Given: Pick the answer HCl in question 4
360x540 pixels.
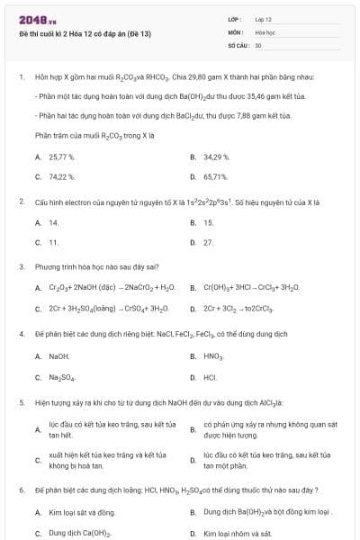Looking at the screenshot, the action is point(210,377).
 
